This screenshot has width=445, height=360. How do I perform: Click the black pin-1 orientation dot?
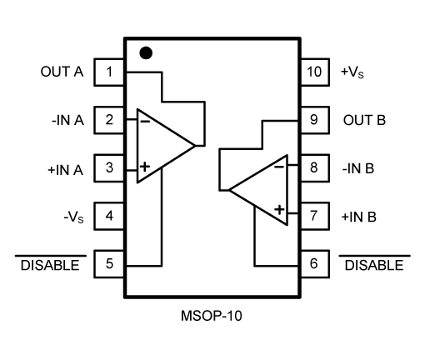(146, 53)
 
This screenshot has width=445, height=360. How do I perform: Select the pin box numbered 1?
(109, 72)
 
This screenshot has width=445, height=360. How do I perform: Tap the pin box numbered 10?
(315, 72)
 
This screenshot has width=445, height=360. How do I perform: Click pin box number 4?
(109, 216)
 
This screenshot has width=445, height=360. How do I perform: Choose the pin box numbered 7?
(315, 216)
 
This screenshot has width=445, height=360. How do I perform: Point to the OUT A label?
(62, 72)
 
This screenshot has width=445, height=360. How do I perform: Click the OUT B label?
(364, 120)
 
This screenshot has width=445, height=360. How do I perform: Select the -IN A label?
(67, 120)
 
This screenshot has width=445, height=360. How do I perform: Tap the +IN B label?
(358, 217)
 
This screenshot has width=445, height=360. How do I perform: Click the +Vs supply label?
(352, 72)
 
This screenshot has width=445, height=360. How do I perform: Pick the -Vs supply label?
(74, 217)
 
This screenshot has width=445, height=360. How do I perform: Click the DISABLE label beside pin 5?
(50, 264)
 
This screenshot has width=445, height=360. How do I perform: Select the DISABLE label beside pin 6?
(374, 264)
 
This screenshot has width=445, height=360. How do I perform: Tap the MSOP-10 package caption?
(212, 316)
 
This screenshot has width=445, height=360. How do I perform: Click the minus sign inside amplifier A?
(145, 122)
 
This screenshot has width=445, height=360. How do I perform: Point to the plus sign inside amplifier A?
(145, 167)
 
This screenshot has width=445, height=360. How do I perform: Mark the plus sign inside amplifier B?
(279, 210)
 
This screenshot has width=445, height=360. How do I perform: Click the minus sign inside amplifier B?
(279, 167)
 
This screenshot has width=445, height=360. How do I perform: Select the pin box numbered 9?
(315, 120)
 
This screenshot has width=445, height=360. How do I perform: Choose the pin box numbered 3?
(109, 168)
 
